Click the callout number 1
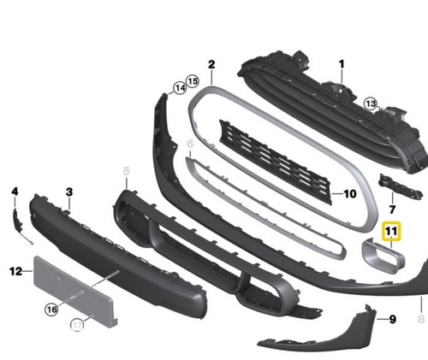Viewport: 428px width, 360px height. point(342,64)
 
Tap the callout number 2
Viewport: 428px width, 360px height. point(211,65)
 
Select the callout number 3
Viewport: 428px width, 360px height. point(69,192)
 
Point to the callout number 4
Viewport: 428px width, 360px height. point(15,192)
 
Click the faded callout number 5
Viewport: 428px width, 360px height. point(126,172)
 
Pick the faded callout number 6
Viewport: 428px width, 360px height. point(190,144)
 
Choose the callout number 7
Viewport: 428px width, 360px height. point(392,210)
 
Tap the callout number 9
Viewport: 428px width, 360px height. point(393,320)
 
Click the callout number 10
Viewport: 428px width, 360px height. point(350,194)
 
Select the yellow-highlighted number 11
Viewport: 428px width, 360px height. point(391,231)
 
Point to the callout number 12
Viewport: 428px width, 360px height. point(15,271)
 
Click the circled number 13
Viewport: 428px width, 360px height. point(371,103)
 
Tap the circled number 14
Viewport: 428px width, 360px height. point(180,88)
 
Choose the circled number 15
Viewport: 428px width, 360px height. point(193,81)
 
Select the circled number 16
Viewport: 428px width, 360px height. point(51,310)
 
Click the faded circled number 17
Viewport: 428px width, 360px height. point(77,325)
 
